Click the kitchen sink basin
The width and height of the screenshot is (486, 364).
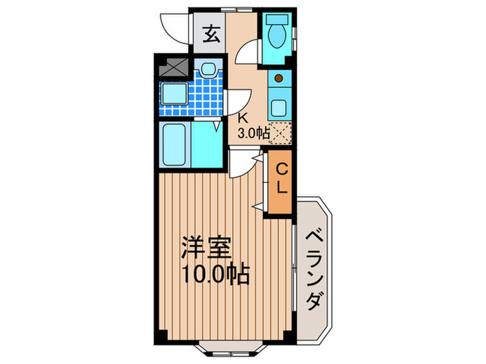click(279, 107)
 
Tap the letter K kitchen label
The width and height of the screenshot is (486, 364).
click(244, 117)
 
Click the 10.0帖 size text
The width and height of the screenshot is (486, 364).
click(215, 272)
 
